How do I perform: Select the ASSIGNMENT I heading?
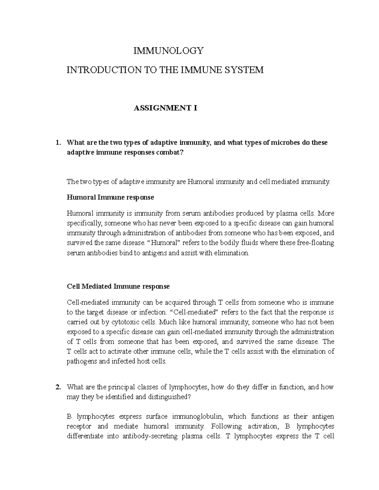click(x=165, y=108)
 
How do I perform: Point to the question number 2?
click(x=57, y=387)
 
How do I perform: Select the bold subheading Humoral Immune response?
click(x=110, y=198)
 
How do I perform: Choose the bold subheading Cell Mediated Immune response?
click(x=118, y=286)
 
